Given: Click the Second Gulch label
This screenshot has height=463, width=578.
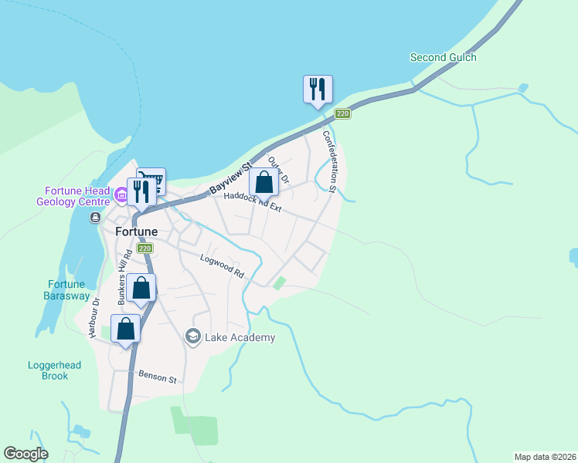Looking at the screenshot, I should pyautogui.click(x=443, y=57).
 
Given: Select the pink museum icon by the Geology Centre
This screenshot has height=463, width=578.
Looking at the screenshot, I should pyautogui.click(x=121, y=196).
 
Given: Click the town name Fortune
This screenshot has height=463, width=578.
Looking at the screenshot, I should pyautogui.click(x=137, y=231).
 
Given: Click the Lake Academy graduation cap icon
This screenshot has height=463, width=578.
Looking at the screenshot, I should pyautogui.click(x=193, y=336).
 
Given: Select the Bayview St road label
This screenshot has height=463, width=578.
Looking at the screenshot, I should pyautogui.click(x=231, y=179).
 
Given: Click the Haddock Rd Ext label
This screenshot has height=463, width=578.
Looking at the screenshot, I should pyautogui.click(x=253, y=202).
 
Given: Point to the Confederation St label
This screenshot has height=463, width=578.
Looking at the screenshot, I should pyautogui.click(x=328, y=161).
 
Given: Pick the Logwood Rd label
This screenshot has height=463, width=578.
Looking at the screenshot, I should pyautogui.click(x=222, y=266).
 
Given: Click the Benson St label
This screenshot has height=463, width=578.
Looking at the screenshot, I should pyautogui.click(x=158, y=377).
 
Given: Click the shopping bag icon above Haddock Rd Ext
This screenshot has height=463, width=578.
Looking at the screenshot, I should pyautogui.click(x=264, y=184).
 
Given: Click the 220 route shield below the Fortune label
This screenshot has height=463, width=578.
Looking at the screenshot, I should pyautogui.click(x=144, y=248).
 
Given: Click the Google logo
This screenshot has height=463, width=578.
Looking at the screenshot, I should pyautogui.click(x=25, y=454).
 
